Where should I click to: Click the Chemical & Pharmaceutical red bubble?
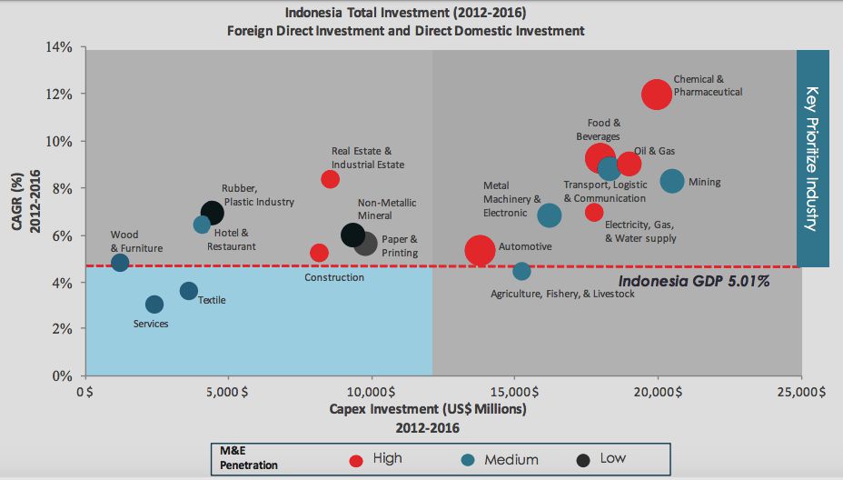click(656, 94)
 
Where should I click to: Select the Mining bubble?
click(671, 181)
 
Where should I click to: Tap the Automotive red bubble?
click(480, 250)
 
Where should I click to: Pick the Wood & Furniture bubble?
click(120, 263)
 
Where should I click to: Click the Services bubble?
click(154, 304)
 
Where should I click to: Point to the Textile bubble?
click(188, 291)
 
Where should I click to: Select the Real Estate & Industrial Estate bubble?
click(330, 179)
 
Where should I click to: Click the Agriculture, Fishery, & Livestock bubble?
click(521, 271)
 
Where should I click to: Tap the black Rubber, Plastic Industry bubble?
click(212, 213)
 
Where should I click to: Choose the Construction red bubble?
click(318, 253)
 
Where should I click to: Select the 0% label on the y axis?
click(62, 375)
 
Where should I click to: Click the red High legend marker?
click(355, 458)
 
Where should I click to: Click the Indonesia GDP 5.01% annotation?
click(694, 282)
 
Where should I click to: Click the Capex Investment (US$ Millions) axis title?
click(427, 409)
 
